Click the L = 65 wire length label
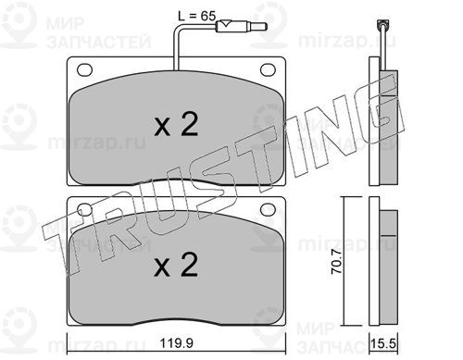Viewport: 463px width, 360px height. tap(196, 16)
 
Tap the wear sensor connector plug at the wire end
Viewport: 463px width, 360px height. tap(242, 27)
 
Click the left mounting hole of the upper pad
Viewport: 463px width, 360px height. tap(84, 69)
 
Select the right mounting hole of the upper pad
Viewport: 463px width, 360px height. tap(268, 69)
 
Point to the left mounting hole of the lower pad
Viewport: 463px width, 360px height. tap(84, 209)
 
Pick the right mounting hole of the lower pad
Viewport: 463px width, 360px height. tap(268, 209)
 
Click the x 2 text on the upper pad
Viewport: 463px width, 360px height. tap(176, 124)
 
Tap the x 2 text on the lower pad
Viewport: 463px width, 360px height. tap(176, 265)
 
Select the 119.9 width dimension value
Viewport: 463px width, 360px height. tap(176, 343)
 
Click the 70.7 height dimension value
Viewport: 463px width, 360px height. tap(336, 262)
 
